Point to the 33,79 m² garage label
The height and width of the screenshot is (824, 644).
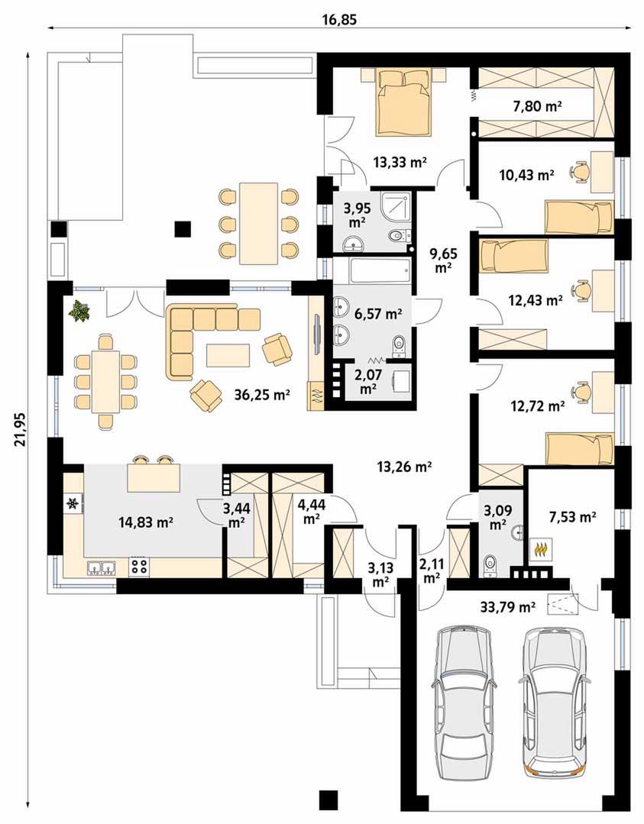508,608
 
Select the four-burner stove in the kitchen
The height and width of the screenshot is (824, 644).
139,567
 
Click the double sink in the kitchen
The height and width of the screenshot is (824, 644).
100,567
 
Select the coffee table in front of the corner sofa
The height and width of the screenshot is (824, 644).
228,354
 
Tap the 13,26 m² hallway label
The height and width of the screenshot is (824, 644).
404,465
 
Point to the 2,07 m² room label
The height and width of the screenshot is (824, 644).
368,382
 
